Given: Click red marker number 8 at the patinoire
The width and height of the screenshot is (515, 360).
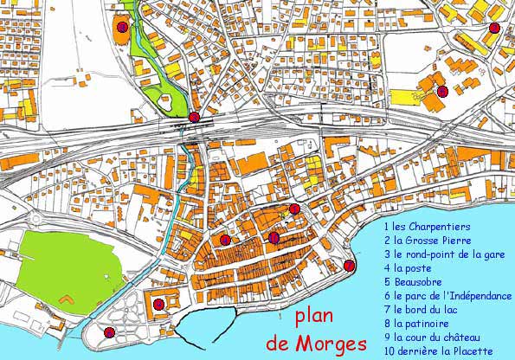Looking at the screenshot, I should click(x=122, y=28).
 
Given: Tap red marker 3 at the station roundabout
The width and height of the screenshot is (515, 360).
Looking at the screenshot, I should click(x=195, y=117).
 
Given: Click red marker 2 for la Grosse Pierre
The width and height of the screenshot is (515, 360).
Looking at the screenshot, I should click(x=493, y=29).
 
